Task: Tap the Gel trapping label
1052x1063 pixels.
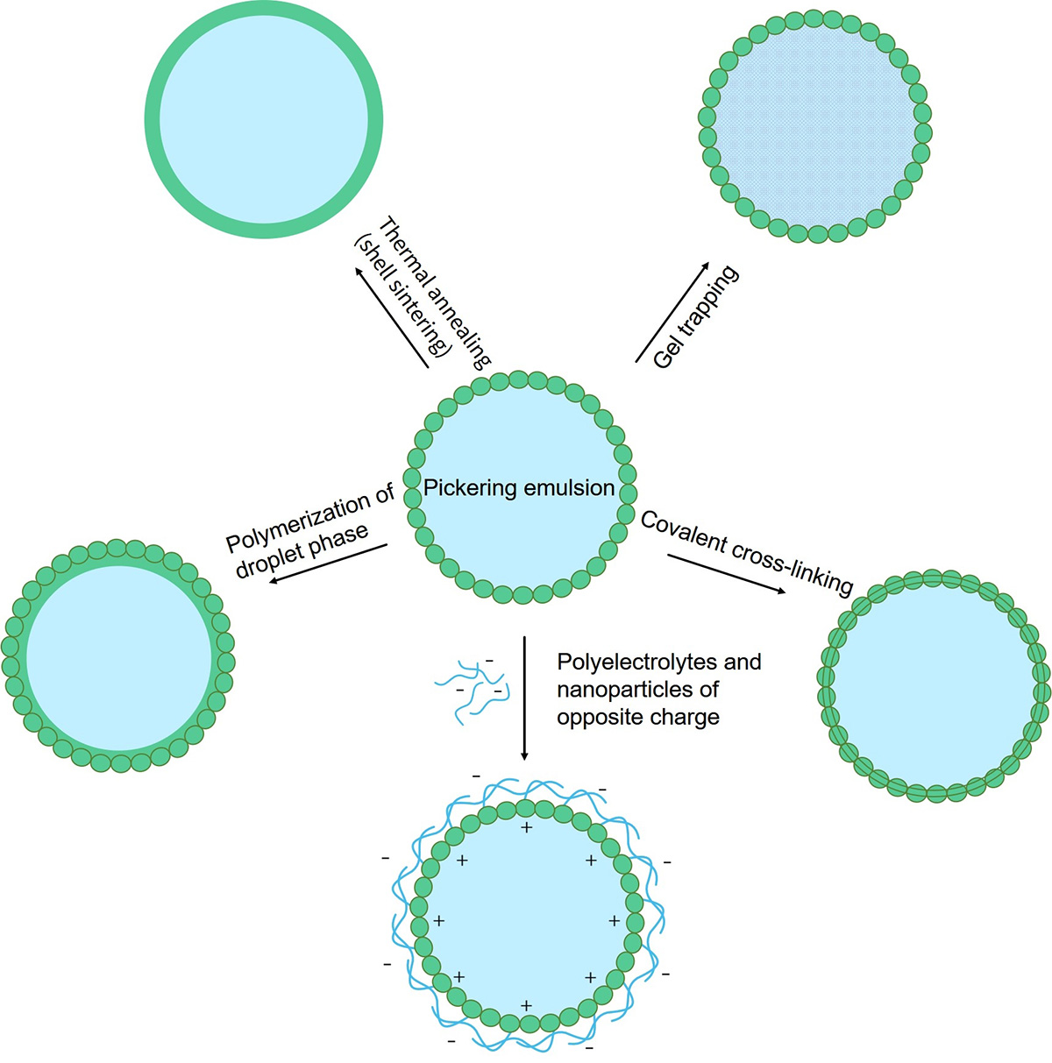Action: (696, 316)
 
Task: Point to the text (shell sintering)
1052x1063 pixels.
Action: (402, 294)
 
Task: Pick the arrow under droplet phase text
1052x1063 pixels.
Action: (329, 563)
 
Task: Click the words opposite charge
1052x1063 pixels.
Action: (638, 717)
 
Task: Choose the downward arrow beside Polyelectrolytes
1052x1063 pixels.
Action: (524, 698)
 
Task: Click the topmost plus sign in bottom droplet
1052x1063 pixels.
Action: (526, 828)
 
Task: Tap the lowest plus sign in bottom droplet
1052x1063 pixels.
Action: (526, 1005)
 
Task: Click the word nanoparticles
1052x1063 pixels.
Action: (623, 690)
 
